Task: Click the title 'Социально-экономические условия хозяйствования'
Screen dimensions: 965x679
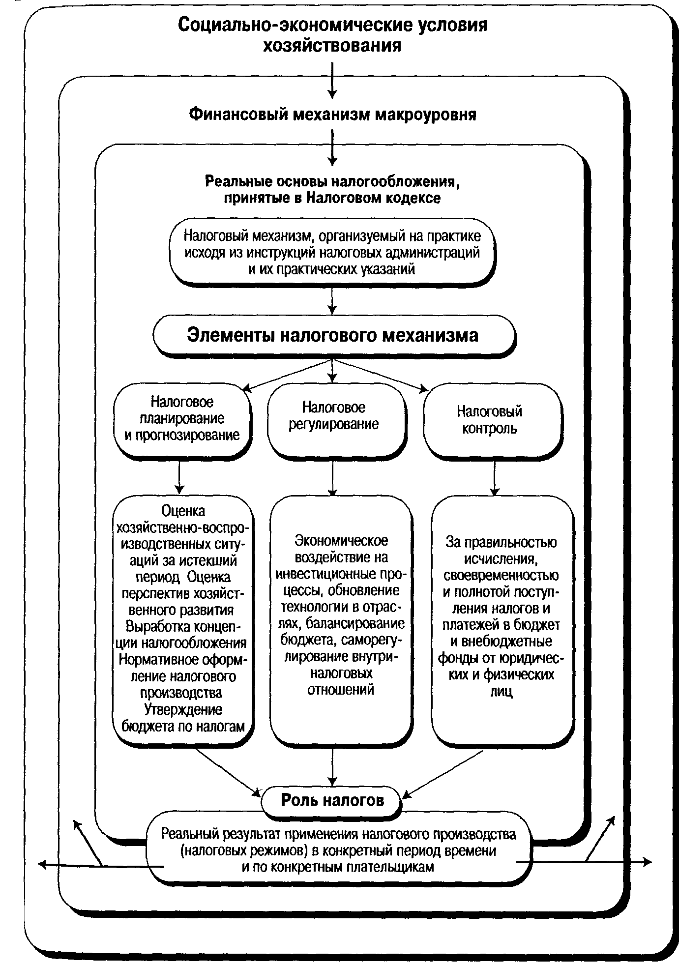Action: tap(332, 34)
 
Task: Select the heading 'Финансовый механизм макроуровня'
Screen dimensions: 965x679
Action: tap(332, 115)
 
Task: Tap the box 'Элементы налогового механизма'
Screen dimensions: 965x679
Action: tap(333, 335)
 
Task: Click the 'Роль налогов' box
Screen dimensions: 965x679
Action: tap(332, 801)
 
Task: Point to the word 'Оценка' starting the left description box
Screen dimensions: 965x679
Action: tap(183, 511)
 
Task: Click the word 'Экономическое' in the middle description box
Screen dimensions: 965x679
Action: tap(341, 541)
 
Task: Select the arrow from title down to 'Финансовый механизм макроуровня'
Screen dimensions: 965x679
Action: tap(333, 80)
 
